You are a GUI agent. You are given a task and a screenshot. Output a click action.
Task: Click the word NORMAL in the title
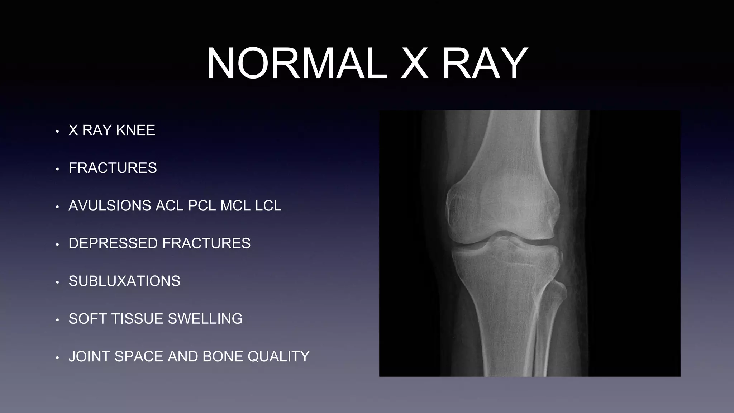(x=297, y=64)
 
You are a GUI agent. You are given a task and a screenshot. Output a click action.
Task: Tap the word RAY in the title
(x=485, y=64)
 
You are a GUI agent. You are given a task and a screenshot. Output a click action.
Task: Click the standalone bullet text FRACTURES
(x=113, y=168)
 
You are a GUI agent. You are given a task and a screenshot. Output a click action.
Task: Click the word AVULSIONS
(x=110, y=206)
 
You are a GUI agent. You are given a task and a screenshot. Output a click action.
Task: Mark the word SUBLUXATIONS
(x=124, y=281)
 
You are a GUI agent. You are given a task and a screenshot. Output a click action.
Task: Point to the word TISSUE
(x=138, y=319)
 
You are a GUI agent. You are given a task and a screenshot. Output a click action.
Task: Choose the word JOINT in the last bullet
(x=89, y=356)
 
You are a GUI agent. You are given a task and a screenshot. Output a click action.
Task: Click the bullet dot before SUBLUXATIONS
(x=57, y=283)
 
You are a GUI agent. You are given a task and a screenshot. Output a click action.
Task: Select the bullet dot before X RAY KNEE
(x=57, y=132)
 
